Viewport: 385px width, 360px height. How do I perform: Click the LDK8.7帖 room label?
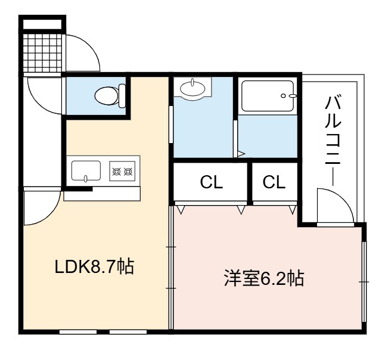[x=94, y=266]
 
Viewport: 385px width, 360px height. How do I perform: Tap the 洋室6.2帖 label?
[x=264, y=278]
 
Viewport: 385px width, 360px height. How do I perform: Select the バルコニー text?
[x=333, y=141]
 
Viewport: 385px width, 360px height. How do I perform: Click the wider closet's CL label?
[x=212, y=182]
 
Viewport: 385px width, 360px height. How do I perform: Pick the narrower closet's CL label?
[x=274, y=182]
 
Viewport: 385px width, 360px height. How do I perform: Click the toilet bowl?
[x=107, y=95]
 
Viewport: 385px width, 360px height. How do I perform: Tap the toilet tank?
[x=122, y=96]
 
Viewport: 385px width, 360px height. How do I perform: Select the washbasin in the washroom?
[x=192, y=89]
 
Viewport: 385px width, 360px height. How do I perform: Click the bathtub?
[x=268, y=96]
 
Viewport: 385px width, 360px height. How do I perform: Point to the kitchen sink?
[x=86, y=171]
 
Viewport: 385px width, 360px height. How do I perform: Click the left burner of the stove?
[x=116, y=172]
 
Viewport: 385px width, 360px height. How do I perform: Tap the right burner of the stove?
[x=128, y=172]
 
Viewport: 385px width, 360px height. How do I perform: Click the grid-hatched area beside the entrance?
[x=42, y=52]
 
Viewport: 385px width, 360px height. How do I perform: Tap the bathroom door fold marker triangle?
[x=241, y=154]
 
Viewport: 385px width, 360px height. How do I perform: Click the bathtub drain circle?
[x=283, y=96]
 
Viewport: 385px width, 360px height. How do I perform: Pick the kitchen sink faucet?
[x=85, y=179]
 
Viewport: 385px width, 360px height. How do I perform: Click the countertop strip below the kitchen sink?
[x=102, y=194]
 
